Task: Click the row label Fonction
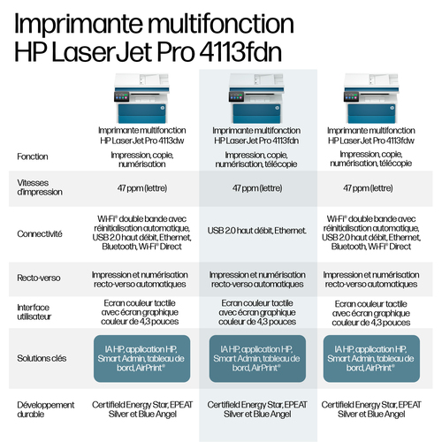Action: tap(33, 156)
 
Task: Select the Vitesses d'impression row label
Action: tap(40, 187)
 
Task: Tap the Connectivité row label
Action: tap(40, 234)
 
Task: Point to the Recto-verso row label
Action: tap(39, 278)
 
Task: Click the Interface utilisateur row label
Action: tap(34, 312)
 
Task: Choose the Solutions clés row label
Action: tap(42, 358)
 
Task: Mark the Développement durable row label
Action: tap(46, 409)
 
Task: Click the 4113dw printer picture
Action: tap(141, 98)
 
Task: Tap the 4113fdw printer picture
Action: tap(371, 98)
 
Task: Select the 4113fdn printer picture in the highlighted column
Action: tap(256, 98)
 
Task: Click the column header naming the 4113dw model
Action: tap(142, 135)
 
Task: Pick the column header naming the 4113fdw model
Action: tap(371, 135)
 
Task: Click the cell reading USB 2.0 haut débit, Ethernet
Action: tap(257, 231)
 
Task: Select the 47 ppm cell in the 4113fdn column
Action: tap(257, 188)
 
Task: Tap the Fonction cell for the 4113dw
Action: tap(142, 159)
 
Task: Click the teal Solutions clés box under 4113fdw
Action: tap(371, 359)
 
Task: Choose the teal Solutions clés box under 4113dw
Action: tap(142, 359)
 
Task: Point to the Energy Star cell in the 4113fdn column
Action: tap(257, 409)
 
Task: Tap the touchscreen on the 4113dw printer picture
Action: tap(122, 96)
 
